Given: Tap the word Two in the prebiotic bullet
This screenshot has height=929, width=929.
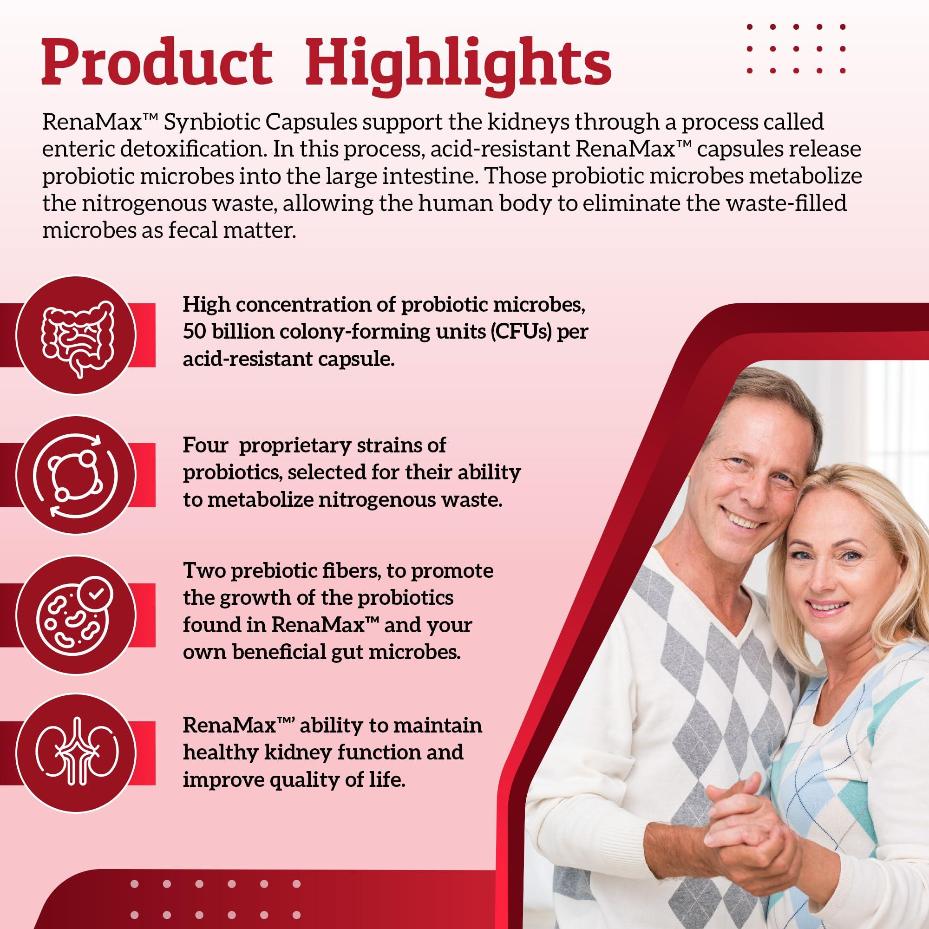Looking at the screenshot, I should click(203, 571).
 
